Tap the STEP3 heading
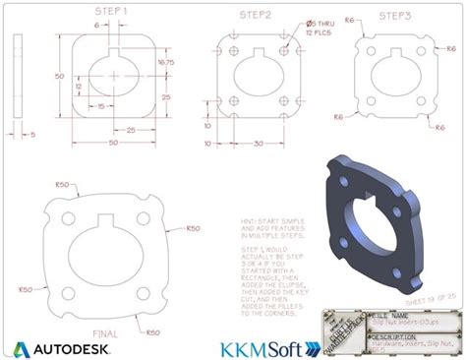395,15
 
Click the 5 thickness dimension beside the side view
30,134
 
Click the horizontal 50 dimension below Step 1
113,144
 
